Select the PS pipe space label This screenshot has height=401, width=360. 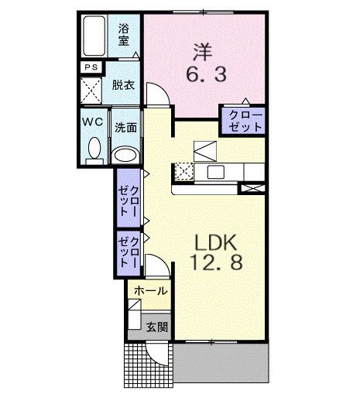(x=90, y=68)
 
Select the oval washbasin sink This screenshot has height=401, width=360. (x=125, y=156)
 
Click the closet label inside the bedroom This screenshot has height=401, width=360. (x=244, y=121)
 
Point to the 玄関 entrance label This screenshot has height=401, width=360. (x=156, y=327)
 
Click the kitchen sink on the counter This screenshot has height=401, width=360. (x=214, y=171)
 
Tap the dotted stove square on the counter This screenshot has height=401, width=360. (x=183, y=171)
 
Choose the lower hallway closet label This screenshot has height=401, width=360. (x=128, y=251)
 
